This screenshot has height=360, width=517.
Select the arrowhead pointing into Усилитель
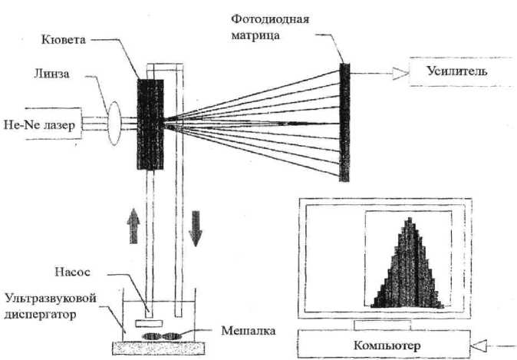tap(398, 73)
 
